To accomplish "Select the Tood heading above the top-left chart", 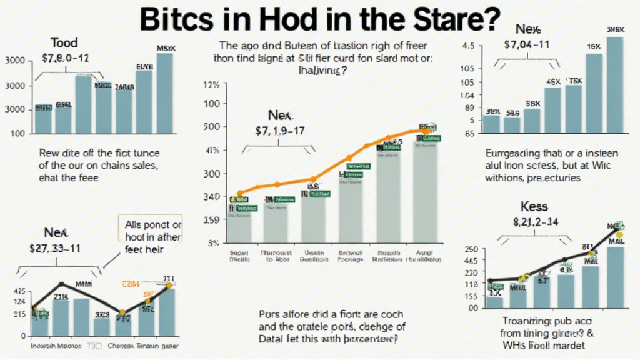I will pyautogui.click(x=65, y=43).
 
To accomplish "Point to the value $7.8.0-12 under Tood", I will pyautogui.click(x=65, y=58).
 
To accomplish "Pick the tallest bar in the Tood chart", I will pyautogui.click(x=165, y=94).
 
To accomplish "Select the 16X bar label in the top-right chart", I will pyautogui.click(x=593, y=47).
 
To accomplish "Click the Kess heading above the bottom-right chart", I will pyautogui.click(x=534, y=206).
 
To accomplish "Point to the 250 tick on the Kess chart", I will pyautogui.click(x=471, y=250).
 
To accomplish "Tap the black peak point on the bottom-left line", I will pyautogui.click(x=61, y=284).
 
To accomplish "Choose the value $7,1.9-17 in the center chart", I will pyautogui.click(x=280, y=131).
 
